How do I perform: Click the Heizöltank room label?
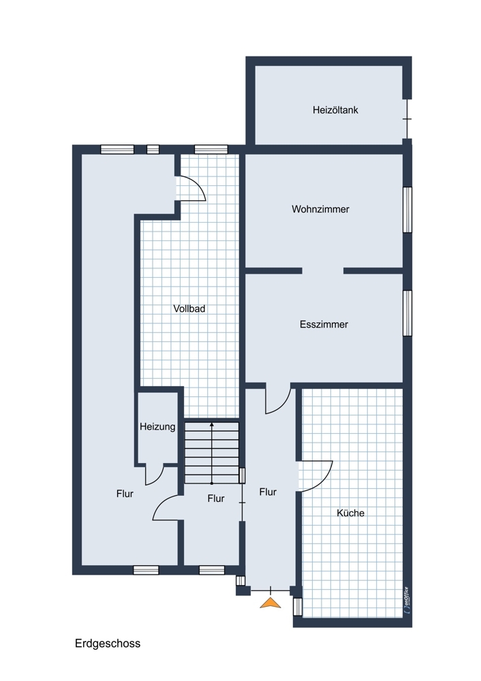[335, 110]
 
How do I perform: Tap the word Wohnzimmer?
[320, 209]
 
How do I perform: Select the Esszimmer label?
[324, 324]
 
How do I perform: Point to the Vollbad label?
[189, 308]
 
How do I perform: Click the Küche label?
[350, 513]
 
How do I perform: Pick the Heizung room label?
[157, 426]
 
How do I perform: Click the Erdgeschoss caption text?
[108, 644]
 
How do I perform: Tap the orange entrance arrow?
[270, 603]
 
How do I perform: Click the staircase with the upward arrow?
[212, 452]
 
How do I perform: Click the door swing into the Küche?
[315, 476]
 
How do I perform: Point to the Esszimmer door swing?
[278, 400]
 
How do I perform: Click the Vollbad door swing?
[191, 188]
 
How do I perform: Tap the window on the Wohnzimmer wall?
[407, 209]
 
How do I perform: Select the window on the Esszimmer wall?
[407, 313]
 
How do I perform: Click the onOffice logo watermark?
[406, 600]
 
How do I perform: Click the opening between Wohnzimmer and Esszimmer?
[323, 270]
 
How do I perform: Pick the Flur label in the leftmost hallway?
[125, 494]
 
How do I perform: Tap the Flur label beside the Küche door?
[268, 492]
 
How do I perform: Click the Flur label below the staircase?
[216, 498]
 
